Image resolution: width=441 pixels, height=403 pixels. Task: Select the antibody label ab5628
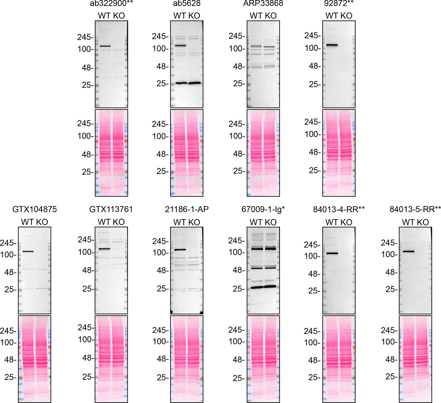pos(187,3)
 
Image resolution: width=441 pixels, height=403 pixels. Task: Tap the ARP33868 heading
pos(263,3)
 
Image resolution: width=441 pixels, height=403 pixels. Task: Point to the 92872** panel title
pos(339,3)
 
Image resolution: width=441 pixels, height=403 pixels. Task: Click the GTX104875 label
pos(34,209)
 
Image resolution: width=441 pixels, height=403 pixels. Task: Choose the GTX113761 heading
pos(111,209)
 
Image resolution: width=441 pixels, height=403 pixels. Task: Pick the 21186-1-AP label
pos(187,209)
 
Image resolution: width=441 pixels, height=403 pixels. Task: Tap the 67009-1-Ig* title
pos(263,209)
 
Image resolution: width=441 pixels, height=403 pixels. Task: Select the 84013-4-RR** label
pos(339,209)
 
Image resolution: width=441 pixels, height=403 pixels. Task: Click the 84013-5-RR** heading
pos(415,209)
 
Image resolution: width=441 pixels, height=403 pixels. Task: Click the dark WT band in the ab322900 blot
pos(105,46)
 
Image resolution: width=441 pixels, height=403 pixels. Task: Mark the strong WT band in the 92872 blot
pos(332,45)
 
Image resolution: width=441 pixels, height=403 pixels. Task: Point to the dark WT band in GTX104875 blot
pos(28,251)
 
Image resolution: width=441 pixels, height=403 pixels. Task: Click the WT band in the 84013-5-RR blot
pos(409,251)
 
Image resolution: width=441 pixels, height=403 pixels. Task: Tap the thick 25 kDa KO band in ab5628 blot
pos(194,83)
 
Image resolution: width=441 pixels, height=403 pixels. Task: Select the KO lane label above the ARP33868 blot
pos(271,16)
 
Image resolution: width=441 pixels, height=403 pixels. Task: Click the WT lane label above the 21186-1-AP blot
pos(179,222)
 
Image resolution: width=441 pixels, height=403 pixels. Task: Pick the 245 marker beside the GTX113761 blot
pos(85,240)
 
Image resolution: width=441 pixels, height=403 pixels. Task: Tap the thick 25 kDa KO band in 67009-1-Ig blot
pos(270,286)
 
